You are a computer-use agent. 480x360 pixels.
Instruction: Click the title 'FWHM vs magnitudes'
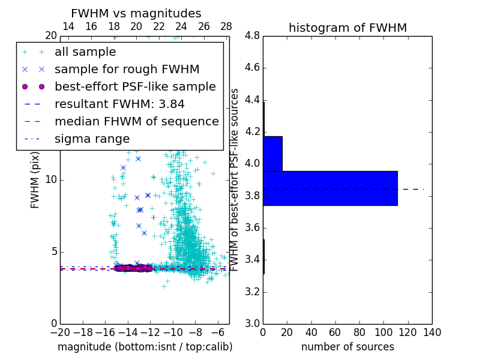tap(136, 13)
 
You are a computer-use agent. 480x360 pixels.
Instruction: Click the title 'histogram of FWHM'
tap(347, 28)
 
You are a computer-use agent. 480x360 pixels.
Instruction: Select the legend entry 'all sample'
tap(85, 52)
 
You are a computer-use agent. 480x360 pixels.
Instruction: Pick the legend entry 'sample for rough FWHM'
tap(127, 70)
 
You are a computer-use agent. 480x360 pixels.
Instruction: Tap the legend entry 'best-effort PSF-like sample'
tap(135, 86)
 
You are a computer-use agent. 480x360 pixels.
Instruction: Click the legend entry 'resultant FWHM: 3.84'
tap(119, 104)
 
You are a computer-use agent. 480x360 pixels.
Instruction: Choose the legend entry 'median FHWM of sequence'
tap(136, 121)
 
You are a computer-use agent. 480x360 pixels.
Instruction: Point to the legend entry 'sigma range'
tap(92, 139)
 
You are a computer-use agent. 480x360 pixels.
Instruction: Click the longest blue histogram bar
tap(330, 188)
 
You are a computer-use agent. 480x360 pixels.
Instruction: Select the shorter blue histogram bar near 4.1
tap(272, 154)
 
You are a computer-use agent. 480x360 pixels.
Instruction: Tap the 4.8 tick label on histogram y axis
tap(252, 36)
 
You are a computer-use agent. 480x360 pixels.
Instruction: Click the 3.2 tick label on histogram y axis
tap(252, 292)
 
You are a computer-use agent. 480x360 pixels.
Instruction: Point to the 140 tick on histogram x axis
tap(432, 332)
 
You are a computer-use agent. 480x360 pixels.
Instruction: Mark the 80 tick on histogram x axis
tap(359, 332)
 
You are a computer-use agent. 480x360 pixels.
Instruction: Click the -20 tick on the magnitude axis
tap(59, 332)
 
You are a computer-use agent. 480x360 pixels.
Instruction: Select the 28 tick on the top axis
tap(226, 26)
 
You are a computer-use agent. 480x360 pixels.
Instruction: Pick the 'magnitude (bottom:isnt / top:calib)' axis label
tap(145, 347)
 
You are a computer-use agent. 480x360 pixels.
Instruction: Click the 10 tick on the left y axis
tap(50, 180)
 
